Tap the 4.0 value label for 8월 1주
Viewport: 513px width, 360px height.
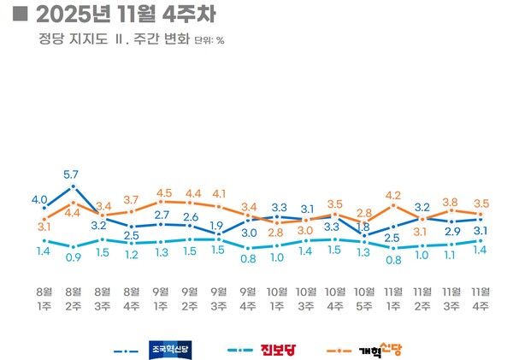click(x=39, y=199)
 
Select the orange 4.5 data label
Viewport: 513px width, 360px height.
click(x=164, y=193)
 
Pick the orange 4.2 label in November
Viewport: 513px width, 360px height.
click(x=393, y=195)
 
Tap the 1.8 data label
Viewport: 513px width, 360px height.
click(x=363, y=227)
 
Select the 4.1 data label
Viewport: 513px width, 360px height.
click(x=219, y=193)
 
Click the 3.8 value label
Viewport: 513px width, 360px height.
click(x=451, y=202)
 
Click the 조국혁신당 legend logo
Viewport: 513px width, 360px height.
click(x=174, y=349)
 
